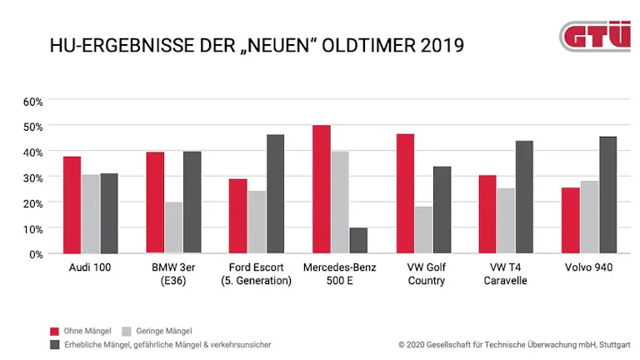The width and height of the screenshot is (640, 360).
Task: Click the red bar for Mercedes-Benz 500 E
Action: [322, 189]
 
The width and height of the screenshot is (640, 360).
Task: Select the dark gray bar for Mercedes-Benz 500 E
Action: [358, 240]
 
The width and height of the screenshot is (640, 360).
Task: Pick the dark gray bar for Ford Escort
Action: [275, 193]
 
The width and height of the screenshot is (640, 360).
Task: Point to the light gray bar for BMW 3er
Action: [173, 227]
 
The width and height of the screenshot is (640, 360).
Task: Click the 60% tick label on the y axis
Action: [32, 101]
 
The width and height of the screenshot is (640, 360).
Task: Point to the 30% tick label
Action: [32, 177]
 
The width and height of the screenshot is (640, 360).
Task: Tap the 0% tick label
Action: [35, 253]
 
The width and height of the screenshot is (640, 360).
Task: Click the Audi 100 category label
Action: [90, 267]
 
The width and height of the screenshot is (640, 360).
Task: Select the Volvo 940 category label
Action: [590, 267]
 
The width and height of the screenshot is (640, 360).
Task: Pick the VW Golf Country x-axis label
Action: [423, 273]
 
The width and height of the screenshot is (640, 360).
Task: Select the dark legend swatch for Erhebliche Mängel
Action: [54, 343]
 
